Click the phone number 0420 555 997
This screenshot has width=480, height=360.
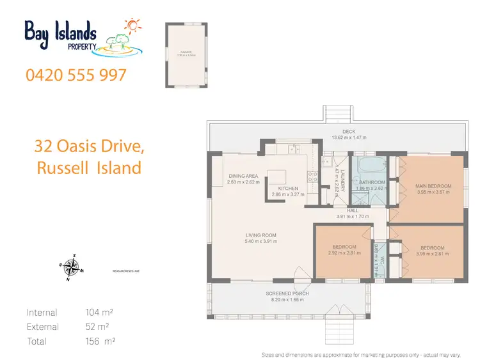76,75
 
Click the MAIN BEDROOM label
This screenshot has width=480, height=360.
433,187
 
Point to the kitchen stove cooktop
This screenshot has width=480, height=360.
313,177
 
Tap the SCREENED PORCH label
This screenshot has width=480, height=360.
287,293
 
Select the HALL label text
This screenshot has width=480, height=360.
353,210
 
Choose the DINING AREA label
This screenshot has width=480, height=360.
243,176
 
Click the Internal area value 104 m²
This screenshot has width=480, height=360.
100,313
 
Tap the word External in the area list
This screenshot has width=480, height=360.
43,327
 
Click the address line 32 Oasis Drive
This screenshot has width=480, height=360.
88,147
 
